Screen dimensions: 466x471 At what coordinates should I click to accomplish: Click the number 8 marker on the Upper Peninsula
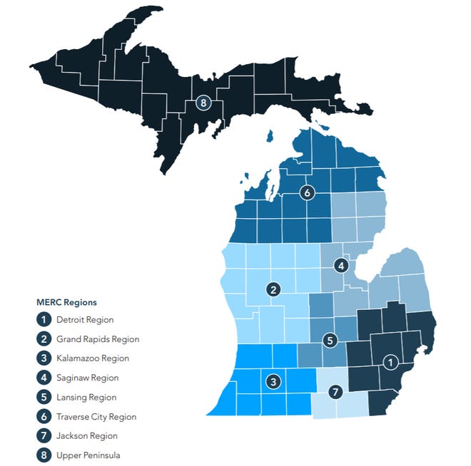point(204,103)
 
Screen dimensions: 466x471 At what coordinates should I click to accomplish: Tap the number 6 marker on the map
point(307,192)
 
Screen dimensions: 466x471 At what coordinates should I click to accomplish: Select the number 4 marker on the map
point(341,266)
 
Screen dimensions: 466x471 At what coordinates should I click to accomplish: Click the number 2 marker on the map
point(272,289)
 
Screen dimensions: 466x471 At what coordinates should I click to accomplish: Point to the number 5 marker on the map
point(329,341)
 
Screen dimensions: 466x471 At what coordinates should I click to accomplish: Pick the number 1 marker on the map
point(390,361)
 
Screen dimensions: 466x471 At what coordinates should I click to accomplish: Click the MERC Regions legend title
point(66,302)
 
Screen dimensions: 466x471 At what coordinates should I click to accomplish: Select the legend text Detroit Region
point(85,320)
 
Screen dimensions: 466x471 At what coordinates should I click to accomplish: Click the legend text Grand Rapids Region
point(98,339)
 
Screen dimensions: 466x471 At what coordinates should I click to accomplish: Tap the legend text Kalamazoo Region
point(93,358)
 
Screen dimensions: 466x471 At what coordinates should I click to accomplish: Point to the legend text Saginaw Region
point(87,378)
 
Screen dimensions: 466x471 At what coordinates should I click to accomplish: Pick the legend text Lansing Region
point(86,397)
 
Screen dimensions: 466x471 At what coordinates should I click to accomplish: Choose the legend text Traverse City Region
point(96,416)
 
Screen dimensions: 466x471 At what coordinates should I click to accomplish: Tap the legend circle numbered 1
point(44,320)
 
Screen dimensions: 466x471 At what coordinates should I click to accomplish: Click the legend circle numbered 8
point(44,455)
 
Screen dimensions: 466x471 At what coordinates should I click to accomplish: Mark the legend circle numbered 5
point(44,397)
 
